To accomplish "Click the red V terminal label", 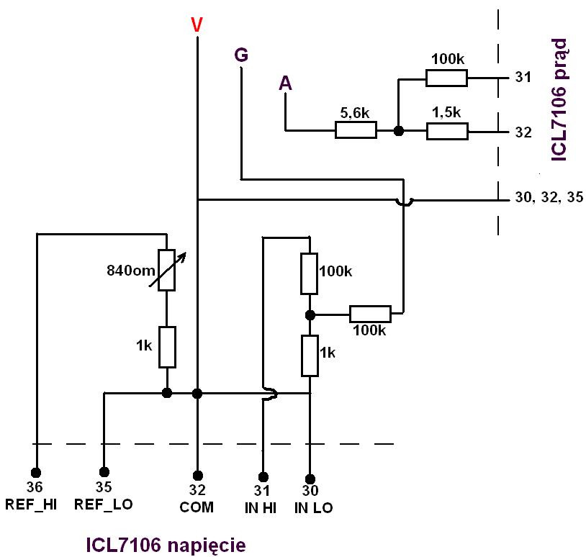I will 197,24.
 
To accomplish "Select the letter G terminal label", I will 241,55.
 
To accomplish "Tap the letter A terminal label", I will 286,84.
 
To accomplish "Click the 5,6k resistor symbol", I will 356,130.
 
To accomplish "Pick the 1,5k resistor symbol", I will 447,131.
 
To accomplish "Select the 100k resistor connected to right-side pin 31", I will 447,78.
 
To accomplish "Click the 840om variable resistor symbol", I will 166,269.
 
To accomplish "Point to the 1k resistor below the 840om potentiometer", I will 166,345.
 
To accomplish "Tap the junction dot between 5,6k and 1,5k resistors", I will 397,131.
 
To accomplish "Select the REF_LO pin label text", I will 104,505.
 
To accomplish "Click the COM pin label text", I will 197,507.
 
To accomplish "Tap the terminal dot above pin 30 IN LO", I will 310,478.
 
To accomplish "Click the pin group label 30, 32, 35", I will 544,199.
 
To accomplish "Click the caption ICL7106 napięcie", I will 166,545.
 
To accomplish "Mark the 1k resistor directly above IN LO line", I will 310,356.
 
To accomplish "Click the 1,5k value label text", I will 446,113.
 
